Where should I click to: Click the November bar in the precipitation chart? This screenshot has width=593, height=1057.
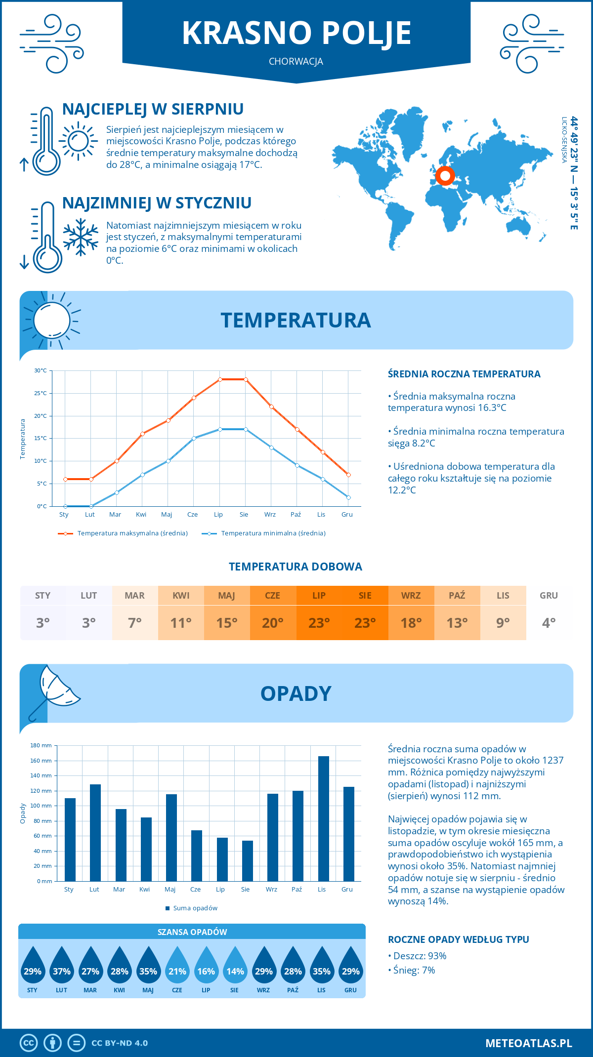[x=323, y=818]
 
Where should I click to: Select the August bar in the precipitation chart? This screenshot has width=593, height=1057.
[x=248, y=860]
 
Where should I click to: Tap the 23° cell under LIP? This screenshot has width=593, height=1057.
[x=319, y=623]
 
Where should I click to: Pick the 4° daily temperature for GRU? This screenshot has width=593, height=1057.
[x=549, y=623]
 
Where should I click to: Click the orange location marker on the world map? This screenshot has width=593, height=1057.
[x=445, y=175]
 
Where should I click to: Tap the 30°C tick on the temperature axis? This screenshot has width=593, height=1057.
[x=41, y=370]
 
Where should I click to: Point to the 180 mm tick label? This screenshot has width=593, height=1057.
[x=42, y=745]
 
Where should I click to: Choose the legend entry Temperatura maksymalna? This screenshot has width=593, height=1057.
[x=132, y=533]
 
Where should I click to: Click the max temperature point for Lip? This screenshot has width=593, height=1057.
[x=220, y=379]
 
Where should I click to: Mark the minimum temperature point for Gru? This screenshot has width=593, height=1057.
[x=348, y=497]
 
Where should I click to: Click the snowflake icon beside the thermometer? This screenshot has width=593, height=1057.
[x=81, y=237]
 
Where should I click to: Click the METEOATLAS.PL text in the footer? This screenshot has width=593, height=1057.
[x=529, y=1043]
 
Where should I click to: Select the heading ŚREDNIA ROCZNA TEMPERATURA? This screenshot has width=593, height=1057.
[x=464, y=374]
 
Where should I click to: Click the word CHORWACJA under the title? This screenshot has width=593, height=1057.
[x=296, y=61]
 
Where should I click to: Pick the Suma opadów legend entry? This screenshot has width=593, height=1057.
[x=195, y=908]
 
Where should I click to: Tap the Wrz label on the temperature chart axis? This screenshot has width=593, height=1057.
[x=270, y=514]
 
